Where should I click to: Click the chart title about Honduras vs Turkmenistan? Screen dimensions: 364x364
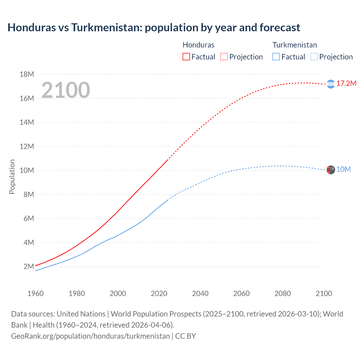point(154,28)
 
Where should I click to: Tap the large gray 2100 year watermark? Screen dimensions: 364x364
point(66,90)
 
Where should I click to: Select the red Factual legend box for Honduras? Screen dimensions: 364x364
point(186,57)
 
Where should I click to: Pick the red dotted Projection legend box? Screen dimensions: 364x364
point(224,57)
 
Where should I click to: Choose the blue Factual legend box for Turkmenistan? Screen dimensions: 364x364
point(276,57)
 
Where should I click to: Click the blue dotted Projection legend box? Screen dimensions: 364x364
point(314,57)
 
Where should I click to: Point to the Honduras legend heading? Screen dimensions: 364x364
point(198,45)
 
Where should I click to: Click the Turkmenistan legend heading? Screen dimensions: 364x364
point(295,45)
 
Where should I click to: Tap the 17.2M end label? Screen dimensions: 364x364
point(346,83)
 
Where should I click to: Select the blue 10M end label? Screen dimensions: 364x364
point(343,169)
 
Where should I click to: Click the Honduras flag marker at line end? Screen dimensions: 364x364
point(331,84)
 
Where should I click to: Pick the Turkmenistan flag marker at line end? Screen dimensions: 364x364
point(331,170)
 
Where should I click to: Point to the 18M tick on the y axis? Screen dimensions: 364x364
point(27,75)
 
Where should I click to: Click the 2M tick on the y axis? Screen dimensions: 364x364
point(29,266)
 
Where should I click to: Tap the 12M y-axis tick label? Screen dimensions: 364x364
point(27,146)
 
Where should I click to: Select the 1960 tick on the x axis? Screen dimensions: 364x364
point(36,293)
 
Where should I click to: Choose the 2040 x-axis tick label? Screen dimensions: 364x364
point(200,293)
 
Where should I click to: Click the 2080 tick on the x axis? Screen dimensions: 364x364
point(283,293)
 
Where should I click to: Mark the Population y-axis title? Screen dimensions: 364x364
point(12,177)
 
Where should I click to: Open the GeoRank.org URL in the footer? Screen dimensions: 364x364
point(90,336)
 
